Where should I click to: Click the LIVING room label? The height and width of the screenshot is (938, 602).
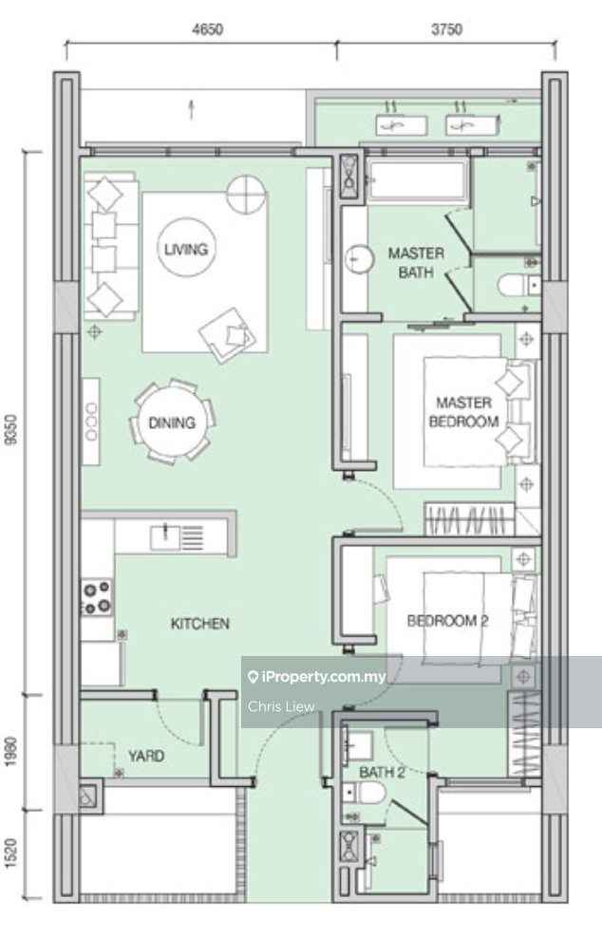[x=186, y=249]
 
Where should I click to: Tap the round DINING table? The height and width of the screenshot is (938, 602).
[x=173, y=422]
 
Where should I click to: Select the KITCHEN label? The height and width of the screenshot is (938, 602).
[x=199, y=624]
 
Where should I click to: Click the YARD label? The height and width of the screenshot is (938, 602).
[x=146, y=756]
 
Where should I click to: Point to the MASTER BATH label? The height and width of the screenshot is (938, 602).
[x=416, y=263]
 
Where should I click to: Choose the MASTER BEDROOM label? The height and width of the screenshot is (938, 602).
[x=463, y=412]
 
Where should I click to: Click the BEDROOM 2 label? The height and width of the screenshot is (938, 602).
[x=447, y=621]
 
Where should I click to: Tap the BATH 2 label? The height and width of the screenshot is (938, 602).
[x=382, y=772]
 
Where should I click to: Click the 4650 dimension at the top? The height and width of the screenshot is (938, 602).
[x=208, y=29]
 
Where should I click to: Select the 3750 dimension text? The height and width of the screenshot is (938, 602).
[x=446, y=29]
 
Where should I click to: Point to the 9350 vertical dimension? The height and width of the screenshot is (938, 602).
[x=11, y=429]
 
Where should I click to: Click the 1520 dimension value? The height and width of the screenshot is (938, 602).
[x=11, y=854]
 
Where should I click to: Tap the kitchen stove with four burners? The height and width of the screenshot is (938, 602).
[x=97, y=597]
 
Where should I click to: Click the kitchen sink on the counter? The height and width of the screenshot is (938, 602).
[x=165, y=536]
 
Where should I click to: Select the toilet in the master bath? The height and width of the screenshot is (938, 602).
[x=518, y=286]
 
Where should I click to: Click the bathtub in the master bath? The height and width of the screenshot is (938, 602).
[x=418, y=180]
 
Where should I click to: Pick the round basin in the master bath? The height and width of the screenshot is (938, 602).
[x=360, y=259]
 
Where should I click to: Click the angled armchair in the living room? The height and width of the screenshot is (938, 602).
[x=227, y=335]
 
